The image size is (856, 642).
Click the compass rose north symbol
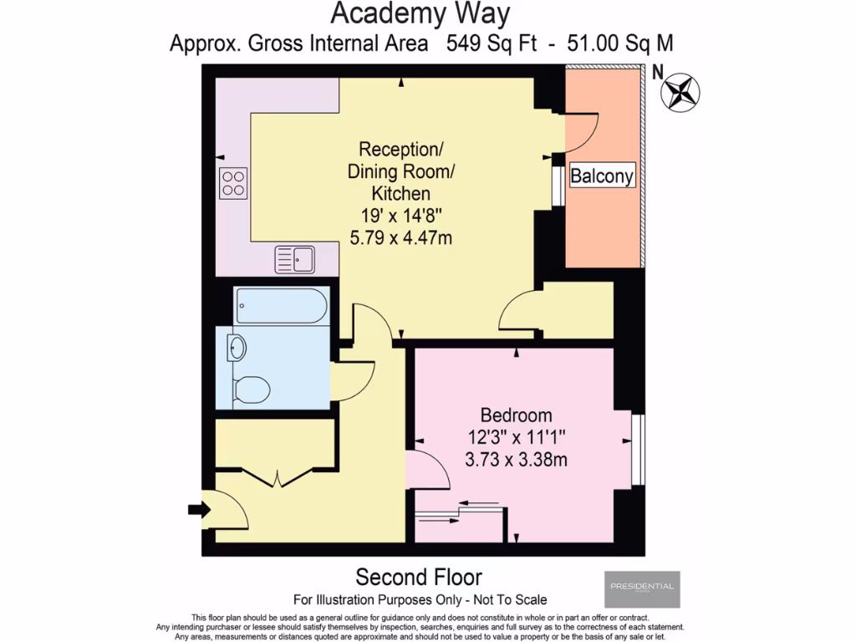[x=680, y=92]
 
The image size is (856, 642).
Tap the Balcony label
[x=602, y=176]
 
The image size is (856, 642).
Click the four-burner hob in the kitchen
[x=233, y=183]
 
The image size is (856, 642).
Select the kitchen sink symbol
[x=294, y=258]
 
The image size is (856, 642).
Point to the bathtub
[x=281, y=307]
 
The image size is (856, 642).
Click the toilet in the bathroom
[x=251, y=388]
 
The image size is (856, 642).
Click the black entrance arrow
[x=197, y=509]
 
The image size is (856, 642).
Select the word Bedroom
[x=516, y=415]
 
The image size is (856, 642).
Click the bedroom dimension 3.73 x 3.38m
[x=517, y=459]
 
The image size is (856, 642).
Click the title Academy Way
[x=420, y=14]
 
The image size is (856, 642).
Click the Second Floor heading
[x=419, y=577]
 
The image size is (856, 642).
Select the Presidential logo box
[x=642, y=588]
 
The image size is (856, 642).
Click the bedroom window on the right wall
[x=637, y=451]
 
